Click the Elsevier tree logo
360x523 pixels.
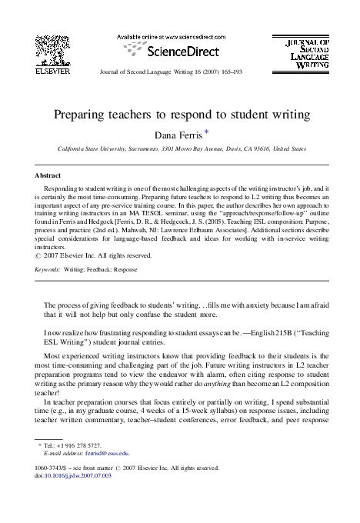(53, 49)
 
